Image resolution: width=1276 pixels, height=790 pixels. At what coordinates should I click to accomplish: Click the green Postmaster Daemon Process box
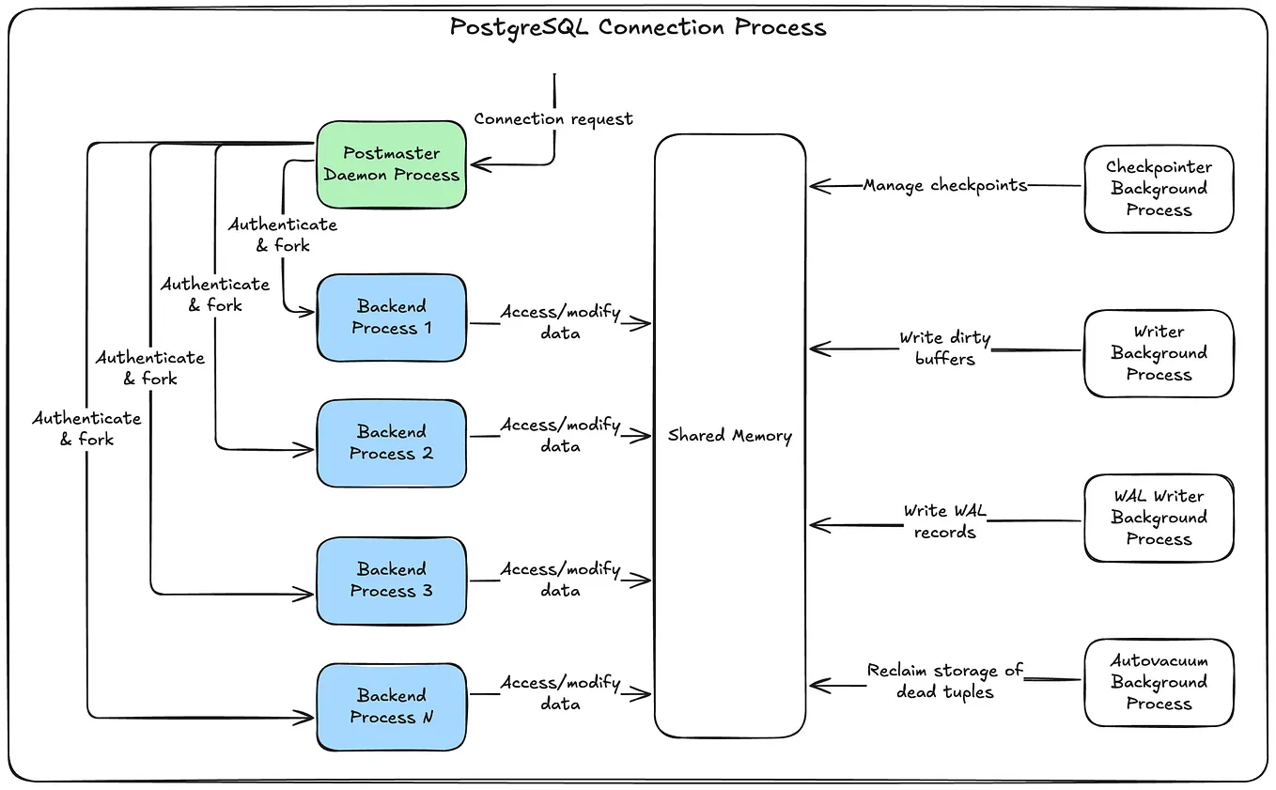click(391, 164)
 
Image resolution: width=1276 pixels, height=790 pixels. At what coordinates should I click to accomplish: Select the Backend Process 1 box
click(391, 318)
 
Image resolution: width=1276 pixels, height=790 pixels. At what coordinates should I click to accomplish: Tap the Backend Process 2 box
click(391, 443)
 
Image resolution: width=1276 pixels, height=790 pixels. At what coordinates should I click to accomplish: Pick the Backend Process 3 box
click(391, 581)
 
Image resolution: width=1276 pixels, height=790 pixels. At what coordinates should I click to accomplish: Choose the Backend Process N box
click(391, 706)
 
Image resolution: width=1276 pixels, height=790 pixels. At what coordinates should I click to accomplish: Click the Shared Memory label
click(730, 436)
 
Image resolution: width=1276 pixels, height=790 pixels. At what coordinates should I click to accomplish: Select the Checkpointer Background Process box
click(1159, 189)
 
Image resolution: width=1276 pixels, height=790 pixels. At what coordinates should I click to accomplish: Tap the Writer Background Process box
click(1159, 354)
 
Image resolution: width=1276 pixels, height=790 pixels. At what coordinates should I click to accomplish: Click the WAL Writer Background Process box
click(1159, 519)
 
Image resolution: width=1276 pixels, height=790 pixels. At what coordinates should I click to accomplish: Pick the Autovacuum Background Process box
click(1159, 682)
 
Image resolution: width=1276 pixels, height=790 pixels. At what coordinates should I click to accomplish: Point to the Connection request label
click(553, 119)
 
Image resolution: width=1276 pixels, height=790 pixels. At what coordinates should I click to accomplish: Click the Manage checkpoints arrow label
click(945, 186)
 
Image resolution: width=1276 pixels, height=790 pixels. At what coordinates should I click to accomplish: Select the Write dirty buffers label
click(945, 348)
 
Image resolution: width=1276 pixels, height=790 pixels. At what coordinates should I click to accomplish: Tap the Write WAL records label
click(945, 521)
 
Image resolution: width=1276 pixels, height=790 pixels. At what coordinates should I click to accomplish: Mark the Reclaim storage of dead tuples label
click(945, 681)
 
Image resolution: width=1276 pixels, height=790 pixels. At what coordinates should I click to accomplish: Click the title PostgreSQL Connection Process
click(638, 27)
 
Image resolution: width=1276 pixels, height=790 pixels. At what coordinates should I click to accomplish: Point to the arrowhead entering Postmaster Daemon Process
click(480, 164)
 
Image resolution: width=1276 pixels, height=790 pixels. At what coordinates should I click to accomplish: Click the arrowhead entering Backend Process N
click(304, 718)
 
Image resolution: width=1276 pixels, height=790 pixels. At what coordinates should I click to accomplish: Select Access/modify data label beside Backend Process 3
click(561, 580)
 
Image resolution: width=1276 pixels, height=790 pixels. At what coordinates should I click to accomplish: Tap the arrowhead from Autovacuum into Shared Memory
click(819, 685)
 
